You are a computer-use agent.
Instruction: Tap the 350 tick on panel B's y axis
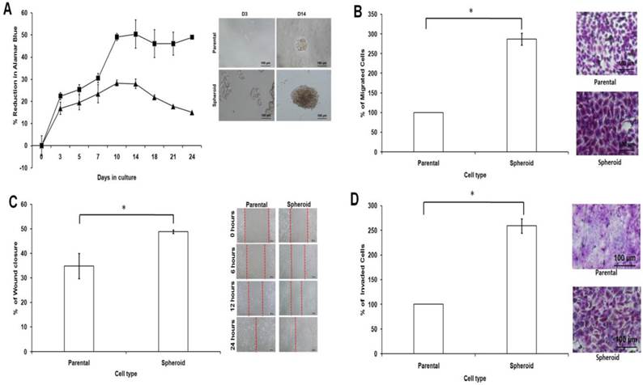point(373,15)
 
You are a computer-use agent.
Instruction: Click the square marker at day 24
point(192,37)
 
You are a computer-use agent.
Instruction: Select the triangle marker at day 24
point(192,112)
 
